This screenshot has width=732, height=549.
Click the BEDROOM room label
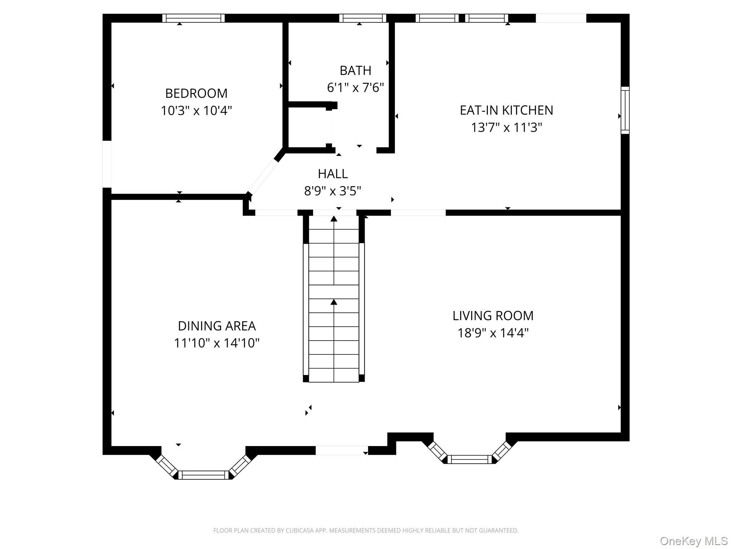click(x=196, y=94)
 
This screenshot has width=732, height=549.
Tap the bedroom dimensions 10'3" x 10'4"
click(x=196, y=111)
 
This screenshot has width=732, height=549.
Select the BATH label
click(x=355, y=71)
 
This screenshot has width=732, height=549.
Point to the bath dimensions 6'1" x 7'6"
click(x=355, y=88)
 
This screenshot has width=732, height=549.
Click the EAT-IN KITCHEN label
click(x=506, y=110)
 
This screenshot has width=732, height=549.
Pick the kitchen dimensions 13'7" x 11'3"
click(x=506, y=128)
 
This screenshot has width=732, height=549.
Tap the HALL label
click(x=332, y=174)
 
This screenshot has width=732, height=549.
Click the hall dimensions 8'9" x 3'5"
click(x=332, y=191)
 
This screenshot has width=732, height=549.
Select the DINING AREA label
click(x=217, y=326)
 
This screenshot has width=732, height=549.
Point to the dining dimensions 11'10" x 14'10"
click(x=217, y=343)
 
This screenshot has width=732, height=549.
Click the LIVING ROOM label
click(x=493, y=316)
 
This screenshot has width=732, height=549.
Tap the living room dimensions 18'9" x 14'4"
click(x=493, y=333)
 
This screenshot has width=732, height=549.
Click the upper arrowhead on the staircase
click(x=334, y=219)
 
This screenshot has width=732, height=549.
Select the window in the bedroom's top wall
click(x=193, y=18)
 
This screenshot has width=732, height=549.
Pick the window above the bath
click(x=362, y=18)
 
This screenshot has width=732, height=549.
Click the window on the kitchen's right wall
click(x=625, y=110)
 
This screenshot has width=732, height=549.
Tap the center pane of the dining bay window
click(x=203, y=475)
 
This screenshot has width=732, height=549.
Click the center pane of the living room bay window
click(x=469, y=459)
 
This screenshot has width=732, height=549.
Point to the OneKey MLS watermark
click(x=693, y=541)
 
